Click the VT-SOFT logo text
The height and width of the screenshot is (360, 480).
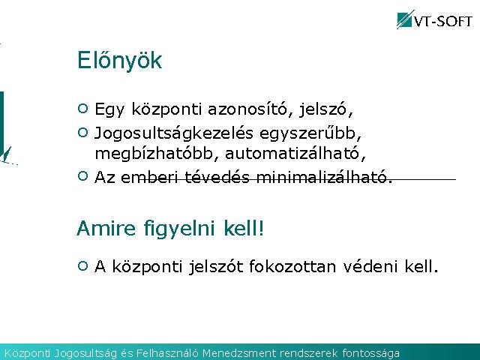pyautogui.click(x=443, y=21)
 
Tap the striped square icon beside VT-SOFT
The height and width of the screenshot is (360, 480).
pyautogui.click(x=405, y=20)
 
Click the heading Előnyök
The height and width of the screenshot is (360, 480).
pyautogui.click(x=120, y=60)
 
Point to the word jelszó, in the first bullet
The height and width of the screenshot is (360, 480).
pyautogui.click(x=326, y=109)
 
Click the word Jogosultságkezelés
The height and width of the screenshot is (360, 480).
pyautogui.click(x=174, y=133)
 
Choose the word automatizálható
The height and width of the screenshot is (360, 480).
pyautogui.click(x=295, y=153)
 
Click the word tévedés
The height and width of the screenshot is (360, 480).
pyautogui.click(x=217, y=177)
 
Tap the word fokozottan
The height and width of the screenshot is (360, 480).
pyautogui.click(x=292, y=266)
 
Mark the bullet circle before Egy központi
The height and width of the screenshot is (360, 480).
pyautogui.click(x=83, y=108)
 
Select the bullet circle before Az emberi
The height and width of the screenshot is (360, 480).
pyautogui.click(x=83, y=176)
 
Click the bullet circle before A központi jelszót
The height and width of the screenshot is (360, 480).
pyautogui.click(x=83, y=265)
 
